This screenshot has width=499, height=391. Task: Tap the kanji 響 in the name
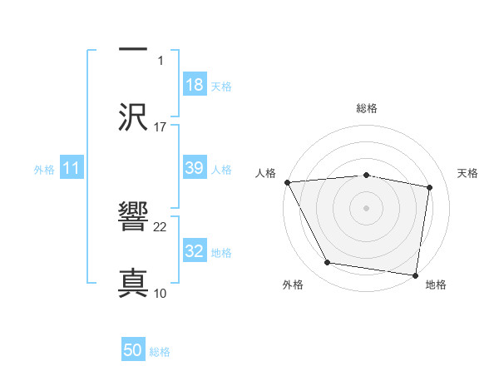click(x=133, y=217)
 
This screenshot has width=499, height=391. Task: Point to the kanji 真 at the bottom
click(x=133, y=282)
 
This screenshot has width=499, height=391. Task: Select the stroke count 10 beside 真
click(x=161, y=293)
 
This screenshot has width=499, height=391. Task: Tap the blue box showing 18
click(x=195, y=84)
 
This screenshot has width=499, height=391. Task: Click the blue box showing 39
click(x=195, y=168)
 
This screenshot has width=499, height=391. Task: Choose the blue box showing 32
click(x=195, y=251)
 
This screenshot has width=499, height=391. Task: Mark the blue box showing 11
click(x=72, y=168)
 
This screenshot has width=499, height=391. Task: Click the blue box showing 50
click(x=133, y=350)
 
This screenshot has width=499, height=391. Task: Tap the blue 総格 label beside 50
click(x=160, y=352)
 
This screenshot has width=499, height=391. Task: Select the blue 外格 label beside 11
click(x=44, y=170)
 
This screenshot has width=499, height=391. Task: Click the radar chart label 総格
click(x=367, y=108)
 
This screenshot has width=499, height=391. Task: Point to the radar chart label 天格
click(x=468, y=173)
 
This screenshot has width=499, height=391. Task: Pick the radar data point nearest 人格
click(x=287, y=182)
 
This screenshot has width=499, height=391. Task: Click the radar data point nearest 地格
click(x=416, y=275)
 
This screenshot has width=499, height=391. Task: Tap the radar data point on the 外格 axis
click(x=328, y=263)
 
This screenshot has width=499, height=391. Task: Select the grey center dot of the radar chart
click(x=367, y=207)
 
